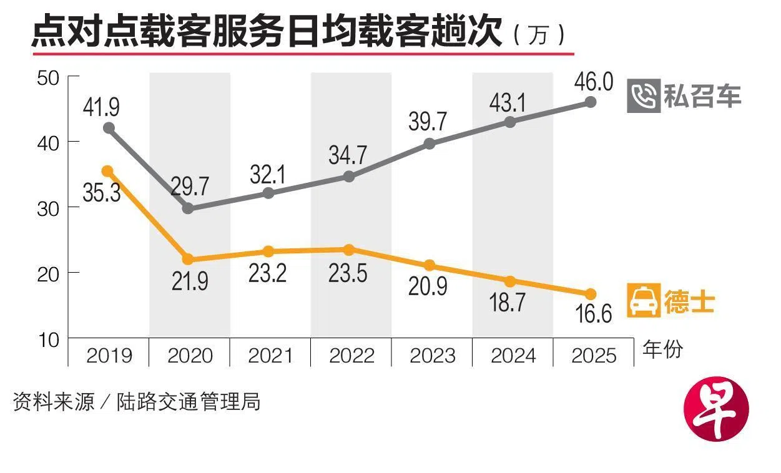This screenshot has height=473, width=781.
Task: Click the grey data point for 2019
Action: coord(109,128)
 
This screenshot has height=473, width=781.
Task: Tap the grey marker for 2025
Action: coord(591,102)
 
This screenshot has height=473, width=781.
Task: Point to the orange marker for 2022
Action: coord(350,250)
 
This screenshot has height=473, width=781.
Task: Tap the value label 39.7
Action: coord(428,122)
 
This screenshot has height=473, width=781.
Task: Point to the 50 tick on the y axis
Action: coord(49,78)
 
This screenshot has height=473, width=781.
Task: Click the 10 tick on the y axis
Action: coord(49,340)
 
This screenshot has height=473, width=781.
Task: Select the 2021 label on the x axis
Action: coord(270,356)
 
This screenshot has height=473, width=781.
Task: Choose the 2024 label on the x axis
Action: coord(513,356)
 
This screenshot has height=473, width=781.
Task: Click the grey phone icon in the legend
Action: coord(643,96)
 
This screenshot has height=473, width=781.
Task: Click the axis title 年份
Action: coord(663,350)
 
